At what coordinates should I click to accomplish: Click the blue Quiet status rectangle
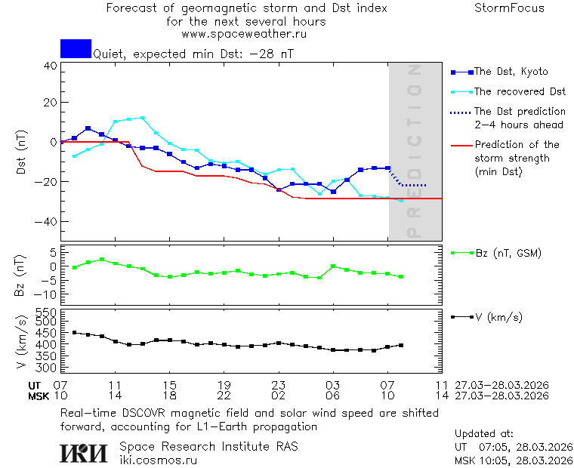click(x=76, y=49)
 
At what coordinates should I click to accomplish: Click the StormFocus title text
click(x=509, y=8)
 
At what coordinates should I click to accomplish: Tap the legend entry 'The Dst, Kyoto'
click(x=511, y=72)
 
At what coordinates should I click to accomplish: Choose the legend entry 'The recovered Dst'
click(x=520, y=92)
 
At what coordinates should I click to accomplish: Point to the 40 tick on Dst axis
click(x=50, y=66)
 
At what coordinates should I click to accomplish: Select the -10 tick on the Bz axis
click(x=47, y=294)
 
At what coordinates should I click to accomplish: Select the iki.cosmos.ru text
click(x=158, y=460)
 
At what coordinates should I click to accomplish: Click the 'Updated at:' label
click(x=483, y=434)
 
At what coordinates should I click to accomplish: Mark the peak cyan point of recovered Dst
click(x=142, y=118)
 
